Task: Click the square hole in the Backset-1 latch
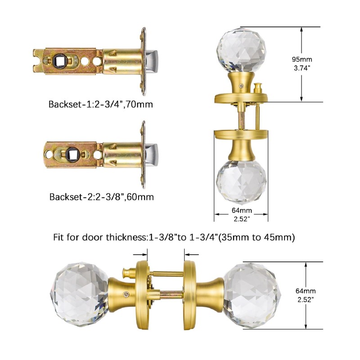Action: click(59, 59)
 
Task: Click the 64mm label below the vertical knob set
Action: click(242, 211)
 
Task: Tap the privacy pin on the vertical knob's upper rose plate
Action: click(258, 87)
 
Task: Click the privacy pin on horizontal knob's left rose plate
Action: click(126, 272)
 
